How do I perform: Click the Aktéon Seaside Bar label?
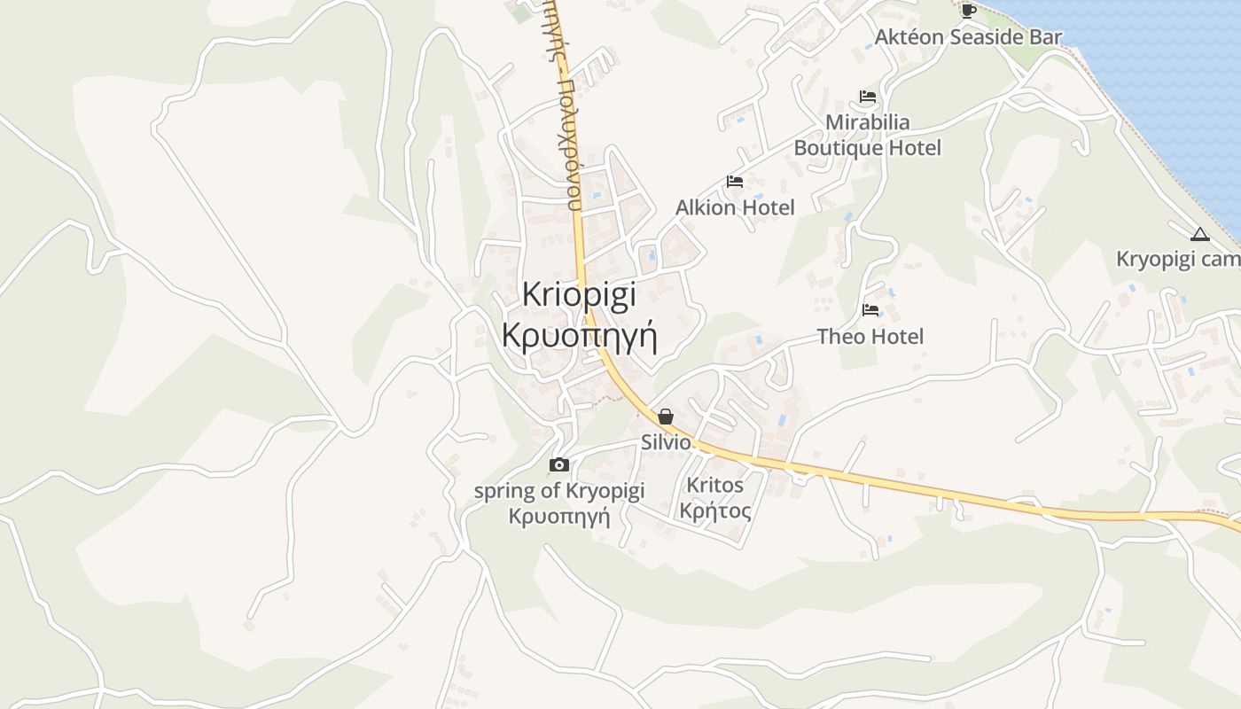[x=968, y=37]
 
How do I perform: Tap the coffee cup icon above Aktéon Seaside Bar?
[x=968, y=11]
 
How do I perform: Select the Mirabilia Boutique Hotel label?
[x=867, y=135]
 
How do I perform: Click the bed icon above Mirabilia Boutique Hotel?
[x=867, y=97]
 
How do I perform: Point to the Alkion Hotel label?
[x=735, y=207]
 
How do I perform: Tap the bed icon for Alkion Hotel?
[x=734, y=182]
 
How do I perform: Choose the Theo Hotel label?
[x=870, y=337]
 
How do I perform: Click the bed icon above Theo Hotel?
[x=870, y=310]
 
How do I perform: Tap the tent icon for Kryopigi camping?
[x=1200, y=235]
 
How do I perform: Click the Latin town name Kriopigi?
[x=579, y=294]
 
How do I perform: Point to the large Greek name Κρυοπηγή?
[x=579, y=337]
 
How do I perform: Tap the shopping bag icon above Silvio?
[x=666, y=417]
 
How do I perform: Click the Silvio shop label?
[x=666, y=441]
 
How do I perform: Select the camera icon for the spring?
[x=558, y=464]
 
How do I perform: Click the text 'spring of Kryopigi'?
[x=558, y=491]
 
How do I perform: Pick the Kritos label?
[x=714, y=486]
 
